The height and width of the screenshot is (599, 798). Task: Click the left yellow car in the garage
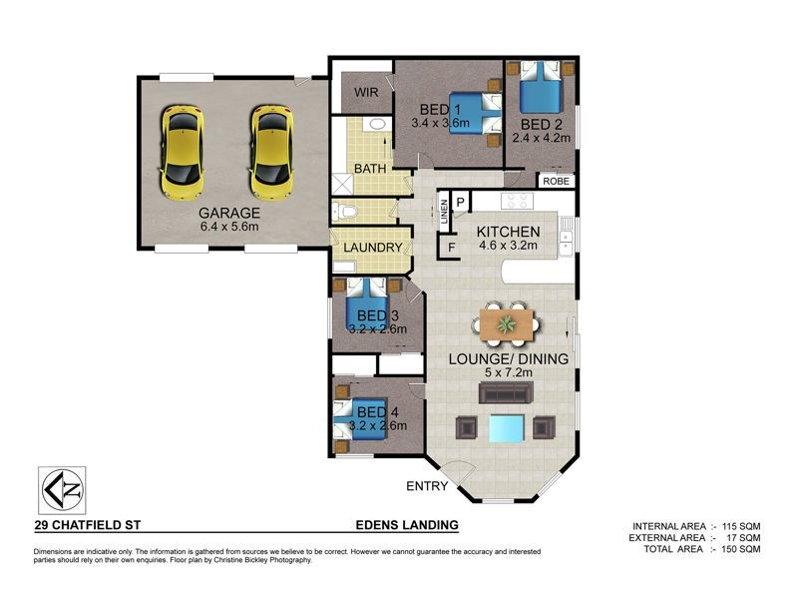(182, 153)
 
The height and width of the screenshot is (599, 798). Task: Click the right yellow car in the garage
(270, 153)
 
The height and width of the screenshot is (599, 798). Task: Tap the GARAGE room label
(228, 213)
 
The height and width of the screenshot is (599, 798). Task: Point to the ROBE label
(556, 182)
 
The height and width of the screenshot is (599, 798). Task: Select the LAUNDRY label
(372, 248)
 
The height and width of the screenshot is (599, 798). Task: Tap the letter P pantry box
(461, 202)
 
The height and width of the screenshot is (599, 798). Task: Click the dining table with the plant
(508, 322)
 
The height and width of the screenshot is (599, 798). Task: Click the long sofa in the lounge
(508, 392)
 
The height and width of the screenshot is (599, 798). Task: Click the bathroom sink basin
(377, 125)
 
